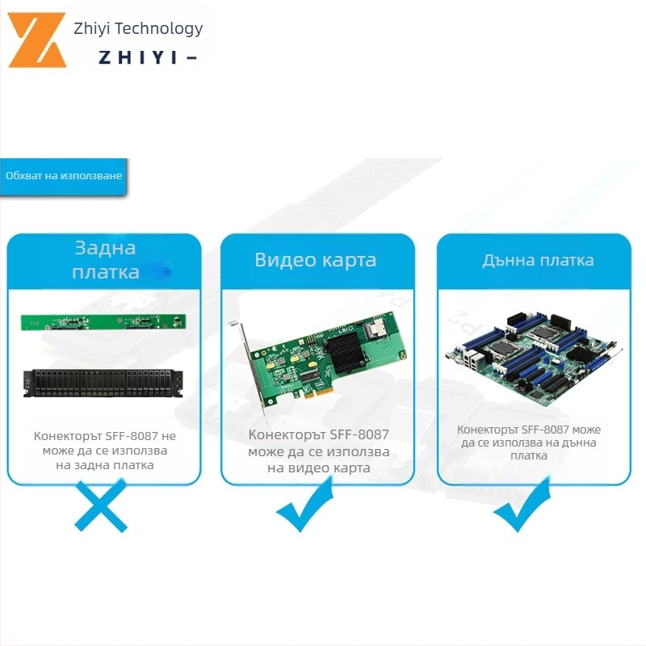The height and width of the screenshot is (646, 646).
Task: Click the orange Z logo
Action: pos(37,40)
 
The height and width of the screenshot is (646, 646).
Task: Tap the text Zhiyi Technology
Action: pos(138,29)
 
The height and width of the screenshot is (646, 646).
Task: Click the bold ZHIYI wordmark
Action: pos(145,58)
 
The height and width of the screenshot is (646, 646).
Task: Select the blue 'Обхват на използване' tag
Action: pos(63,176)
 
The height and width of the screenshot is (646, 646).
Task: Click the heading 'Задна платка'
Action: pos(105,259)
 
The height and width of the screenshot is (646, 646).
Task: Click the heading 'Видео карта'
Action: pos(316,259)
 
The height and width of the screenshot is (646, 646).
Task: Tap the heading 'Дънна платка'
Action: pos(538,259)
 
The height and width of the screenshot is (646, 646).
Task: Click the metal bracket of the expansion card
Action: pos(250,367)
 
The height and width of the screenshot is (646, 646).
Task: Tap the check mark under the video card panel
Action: pos(304,506)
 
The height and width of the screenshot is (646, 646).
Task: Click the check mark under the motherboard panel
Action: pos(522,506)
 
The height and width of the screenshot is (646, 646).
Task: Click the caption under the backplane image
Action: pos(105,450)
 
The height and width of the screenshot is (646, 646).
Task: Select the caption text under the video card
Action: pos(318,451)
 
